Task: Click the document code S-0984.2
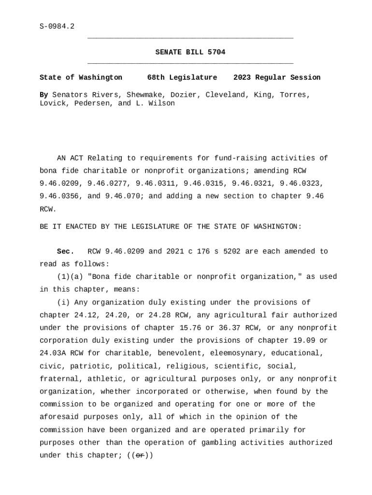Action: pyautogui.click(x=57, y=27)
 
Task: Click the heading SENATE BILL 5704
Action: pyautogui.click(x=190, y=52)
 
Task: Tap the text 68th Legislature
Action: pyautogui.click(x=182, y=78)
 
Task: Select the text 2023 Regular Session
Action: pyautogui.click(x=277, y=78)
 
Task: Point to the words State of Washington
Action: pyautogui.click(x=81, y=78)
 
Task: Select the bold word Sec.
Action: pyautogui.click(x=65, y=251)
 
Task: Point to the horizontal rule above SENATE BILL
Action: pyautogui.click(x=190, y=38)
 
